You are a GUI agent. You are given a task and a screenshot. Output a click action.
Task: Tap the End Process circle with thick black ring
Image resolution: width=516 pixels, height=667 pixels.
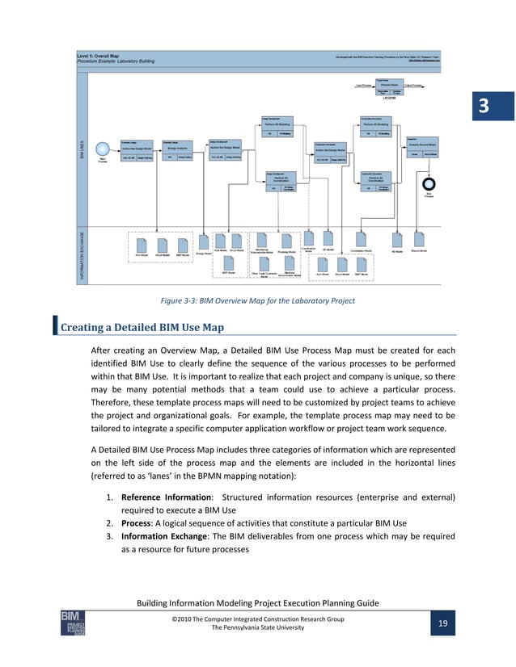[429, 183]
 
